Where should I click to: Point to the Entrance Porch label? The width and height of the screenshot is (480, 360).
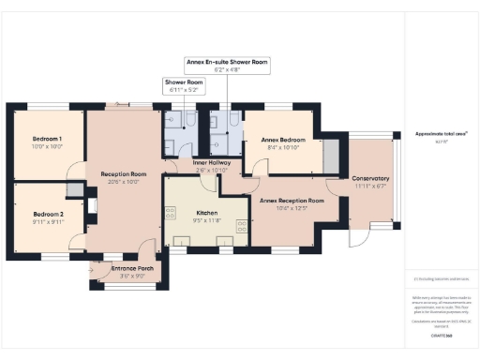pos(131,269)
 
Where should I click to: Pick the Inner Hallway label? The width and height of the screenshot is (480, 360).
pos(212,163)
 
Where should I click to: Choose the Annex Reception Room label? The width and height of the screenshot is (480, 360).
pos(292,201)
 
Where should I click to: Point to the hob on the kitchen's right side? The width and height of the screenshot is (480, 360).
pos(241,225)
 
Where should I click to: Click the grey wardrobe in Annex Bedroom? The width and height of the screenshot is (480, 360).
pos(329,155)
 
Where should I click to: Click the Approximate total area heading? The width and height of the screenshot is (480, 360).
pos(442,134)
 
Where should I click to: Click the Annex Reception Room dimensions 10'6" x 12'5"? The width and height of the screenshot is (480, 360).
pos(292,208)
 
